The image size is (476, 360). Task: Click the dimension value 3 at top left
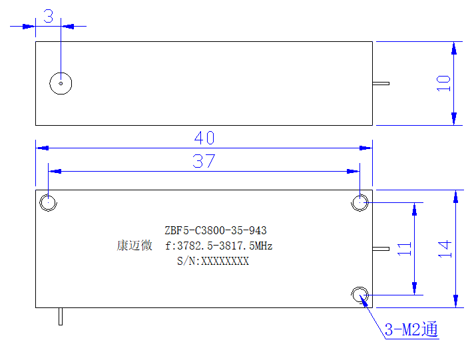(x=49, y=16)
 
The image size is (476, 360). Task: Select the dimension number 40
(x=204, y=138)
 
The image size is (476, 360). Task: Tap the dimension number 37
(x=204, y=161)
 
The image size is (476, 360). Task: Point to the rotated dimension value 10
(x=443, y=83)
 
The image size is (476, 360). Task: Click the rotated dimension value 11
(x=404, y=249)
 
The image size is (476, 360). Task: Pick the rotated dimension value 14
(x=445, y=249)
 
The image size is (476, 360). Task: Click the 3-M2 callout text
(x=411, y=329)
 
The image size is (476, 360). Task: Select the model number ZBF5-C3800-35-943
(x=216, y=230)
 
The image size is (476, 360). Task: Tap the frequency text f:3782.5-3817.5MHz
(x=218, y=246)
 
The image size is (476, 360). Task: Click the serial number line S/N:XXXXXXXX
(x=213, y=261)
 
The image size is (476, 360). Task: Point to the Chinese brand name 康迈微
(x=134, y=246)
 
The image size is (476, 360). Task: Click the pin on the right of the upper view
(x=381, y=83)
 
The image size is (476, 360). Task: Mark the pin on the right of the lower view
(x=381, y=249)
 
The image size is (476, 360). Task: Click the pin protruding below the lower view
(x=61, y=317)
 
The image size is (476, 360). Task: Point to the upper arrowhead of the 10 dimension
(x=454, y=49)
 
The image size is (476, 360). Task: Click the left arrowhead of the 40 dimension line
(x=43, y=148)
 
